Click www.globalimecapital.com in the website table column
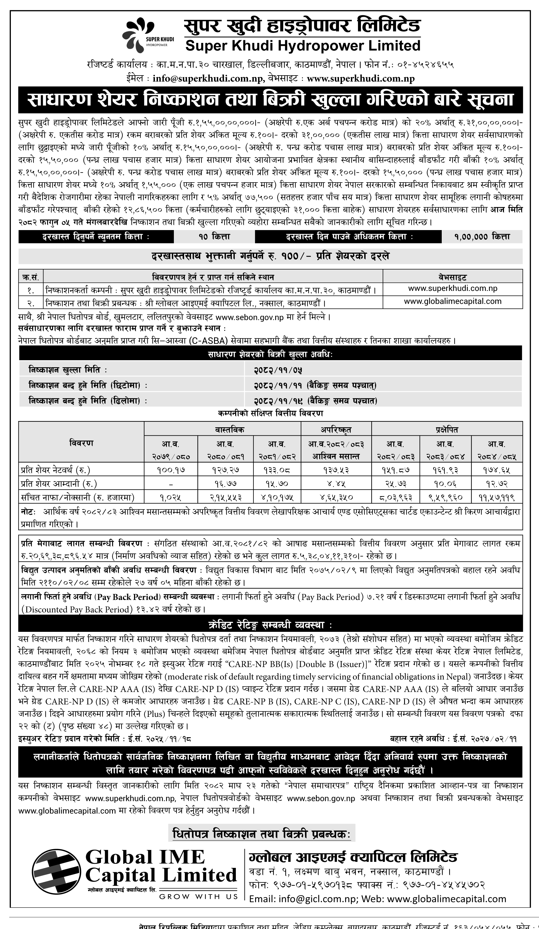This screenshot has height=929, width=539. coord(452,301)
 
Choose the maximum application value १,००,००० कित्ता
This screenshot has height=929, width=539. coord(481,237)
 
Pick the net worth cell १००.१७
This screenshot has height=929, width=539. coord(171,470)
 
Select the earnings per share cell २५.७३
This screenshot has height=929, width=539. coord(396,483)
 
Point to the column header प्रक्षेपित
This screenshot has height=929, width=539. coord(446,429)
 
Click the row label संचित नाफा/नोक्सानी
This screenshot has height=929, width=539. coord(77,497)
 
